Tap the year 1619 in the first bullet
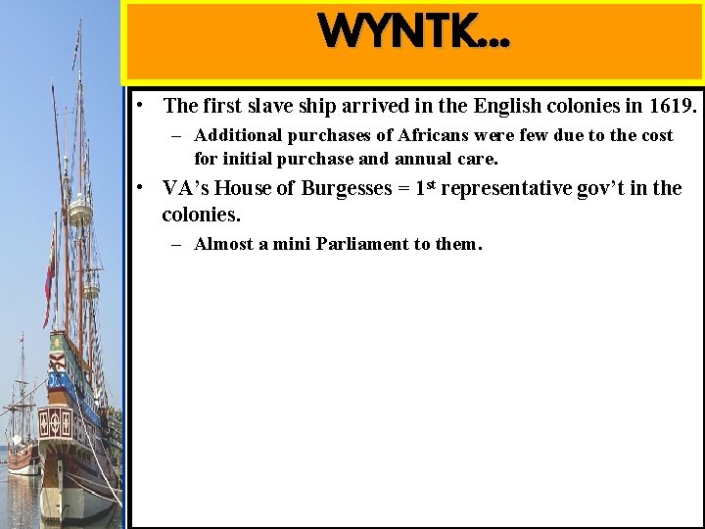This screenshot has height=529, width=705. pyautogui.click(x=673, y=106)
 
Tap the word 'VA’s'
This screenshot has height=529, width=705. pyautogui.click(x=185, y=188)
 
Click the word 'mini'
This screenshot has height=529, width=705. pyautogui.click(x=294, y=244)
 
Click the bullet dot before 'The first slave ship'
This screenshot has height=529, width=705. pyautogui.click(x=143, y=103)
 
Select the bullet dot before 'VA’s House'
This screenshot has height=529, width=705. pyautogui.click(x=143, y=186)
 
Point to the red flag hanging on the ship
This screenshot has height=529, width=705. pyautogui.click(x=49, y=279)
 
